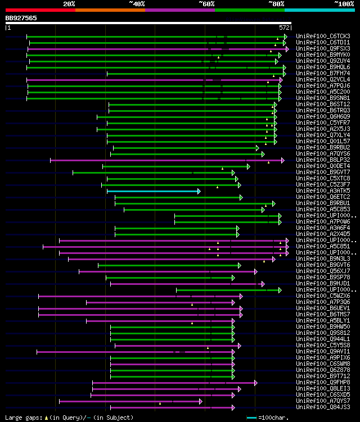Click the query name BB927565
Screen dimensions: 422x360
coord(21,18)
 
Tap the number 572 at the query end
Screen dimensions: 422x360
coord(285,27)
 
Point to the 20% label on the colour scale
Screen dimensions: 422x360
coord(69,4)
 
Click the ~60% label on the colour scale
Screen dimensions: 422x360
coord(206,4)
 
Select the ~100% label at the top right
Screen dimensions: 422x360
coord(344,4)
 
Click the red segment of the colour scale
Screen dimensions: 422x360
coord(40,10)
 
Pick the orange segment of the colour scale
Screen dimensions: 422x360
coord(110,10)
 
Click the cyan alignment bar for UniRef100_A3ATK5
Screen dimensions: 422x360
coord(153,191)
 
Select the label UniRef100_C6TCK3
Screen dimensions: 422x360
coord(322,37)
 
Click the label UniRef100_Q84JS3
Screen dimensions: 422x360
coord(322,407)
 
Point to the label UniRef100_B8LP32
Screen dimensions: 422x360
coord(322,160)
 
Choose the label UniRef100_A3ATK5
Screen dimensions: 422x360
coord(322,191)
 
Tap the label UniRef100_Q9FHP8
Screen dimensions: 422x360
coord(322,383)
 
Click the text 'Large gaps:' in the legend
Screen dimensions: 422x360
coord(21,418)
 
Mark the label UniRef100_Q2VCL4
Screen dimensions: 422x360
coord(322,80)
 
